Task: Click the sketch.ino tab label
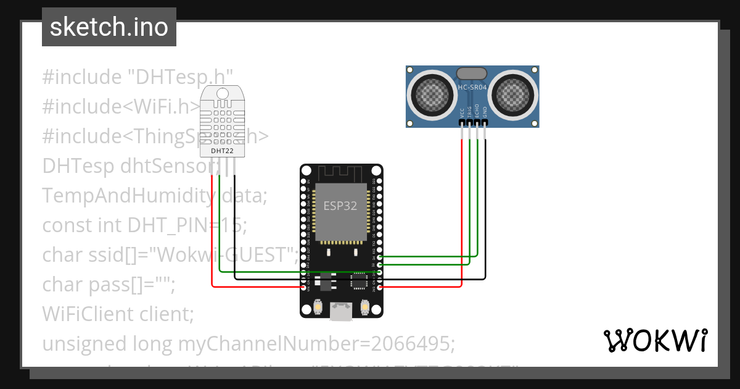tap(109, 27)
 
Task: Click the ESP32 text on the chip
tap(340, 206)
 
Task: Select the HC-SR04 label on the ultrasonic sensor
tap(472, 88)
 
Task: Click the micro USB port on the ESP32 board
tap(340, 311)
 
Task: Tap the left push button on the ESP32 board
tap(318, 306)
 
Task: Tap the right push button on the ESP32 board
tap(364, 306)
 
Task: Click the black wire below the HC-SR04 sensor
tap(485, 204)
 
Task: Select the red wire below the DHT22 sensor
tap(212, 235)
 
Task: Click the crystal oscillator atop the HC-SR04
tap(472, 73)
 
